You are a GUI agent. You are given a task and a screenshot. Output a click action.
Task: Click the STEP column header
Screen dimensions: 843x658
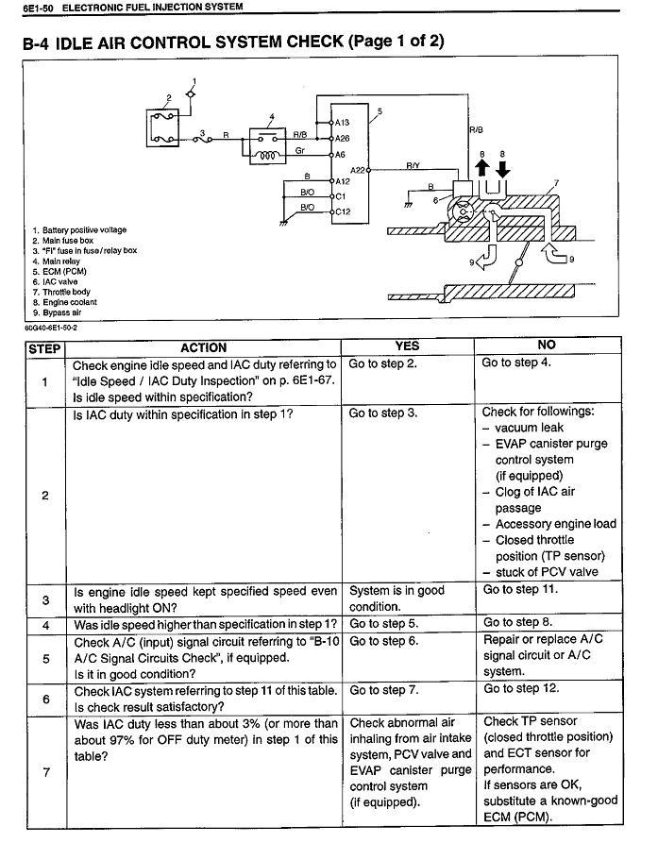(44, 347)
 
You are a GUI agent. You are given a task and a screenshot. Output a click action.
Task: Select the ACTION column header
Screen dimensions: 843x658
(204, 347)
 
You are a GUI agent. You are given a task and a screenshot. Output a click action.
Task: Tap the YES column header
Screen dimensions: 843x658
(408, 346)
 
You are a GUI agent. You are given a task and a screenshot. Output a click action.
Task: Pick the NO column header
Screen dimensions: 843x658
(547, 346)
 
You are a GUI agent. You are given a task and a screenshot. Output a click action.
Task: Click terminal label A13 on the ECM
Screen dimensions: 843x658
(342, 122)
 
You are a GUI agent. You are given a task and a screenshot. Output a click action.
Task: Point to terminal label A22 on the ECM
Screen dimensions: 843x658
(358, 170)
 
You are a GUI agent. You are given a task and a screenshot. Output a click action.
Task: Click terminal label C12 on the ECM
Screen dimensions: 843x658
(342, 211)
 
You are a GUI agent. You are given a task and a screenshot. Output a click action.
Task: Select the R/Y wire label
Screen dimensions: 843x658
(413, 165)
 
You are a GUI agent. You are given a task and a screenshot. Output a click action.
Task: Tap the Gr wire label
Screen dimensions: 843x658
(299, 149)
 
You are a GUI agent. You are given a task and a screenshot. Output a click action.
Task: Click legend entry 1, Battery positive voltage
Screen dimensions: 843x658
(79, 230)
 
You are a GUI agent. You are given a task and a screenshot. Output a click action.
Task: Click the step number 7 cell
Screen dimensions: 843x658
(44, 770)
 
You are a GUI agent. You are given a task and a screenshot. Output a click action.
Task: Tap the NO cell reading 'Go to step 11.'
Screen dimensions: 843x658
(520, 589)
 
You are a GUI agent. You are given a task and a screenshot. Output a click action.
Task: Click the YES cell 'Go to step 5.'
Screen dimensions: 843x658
(383, 624)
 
